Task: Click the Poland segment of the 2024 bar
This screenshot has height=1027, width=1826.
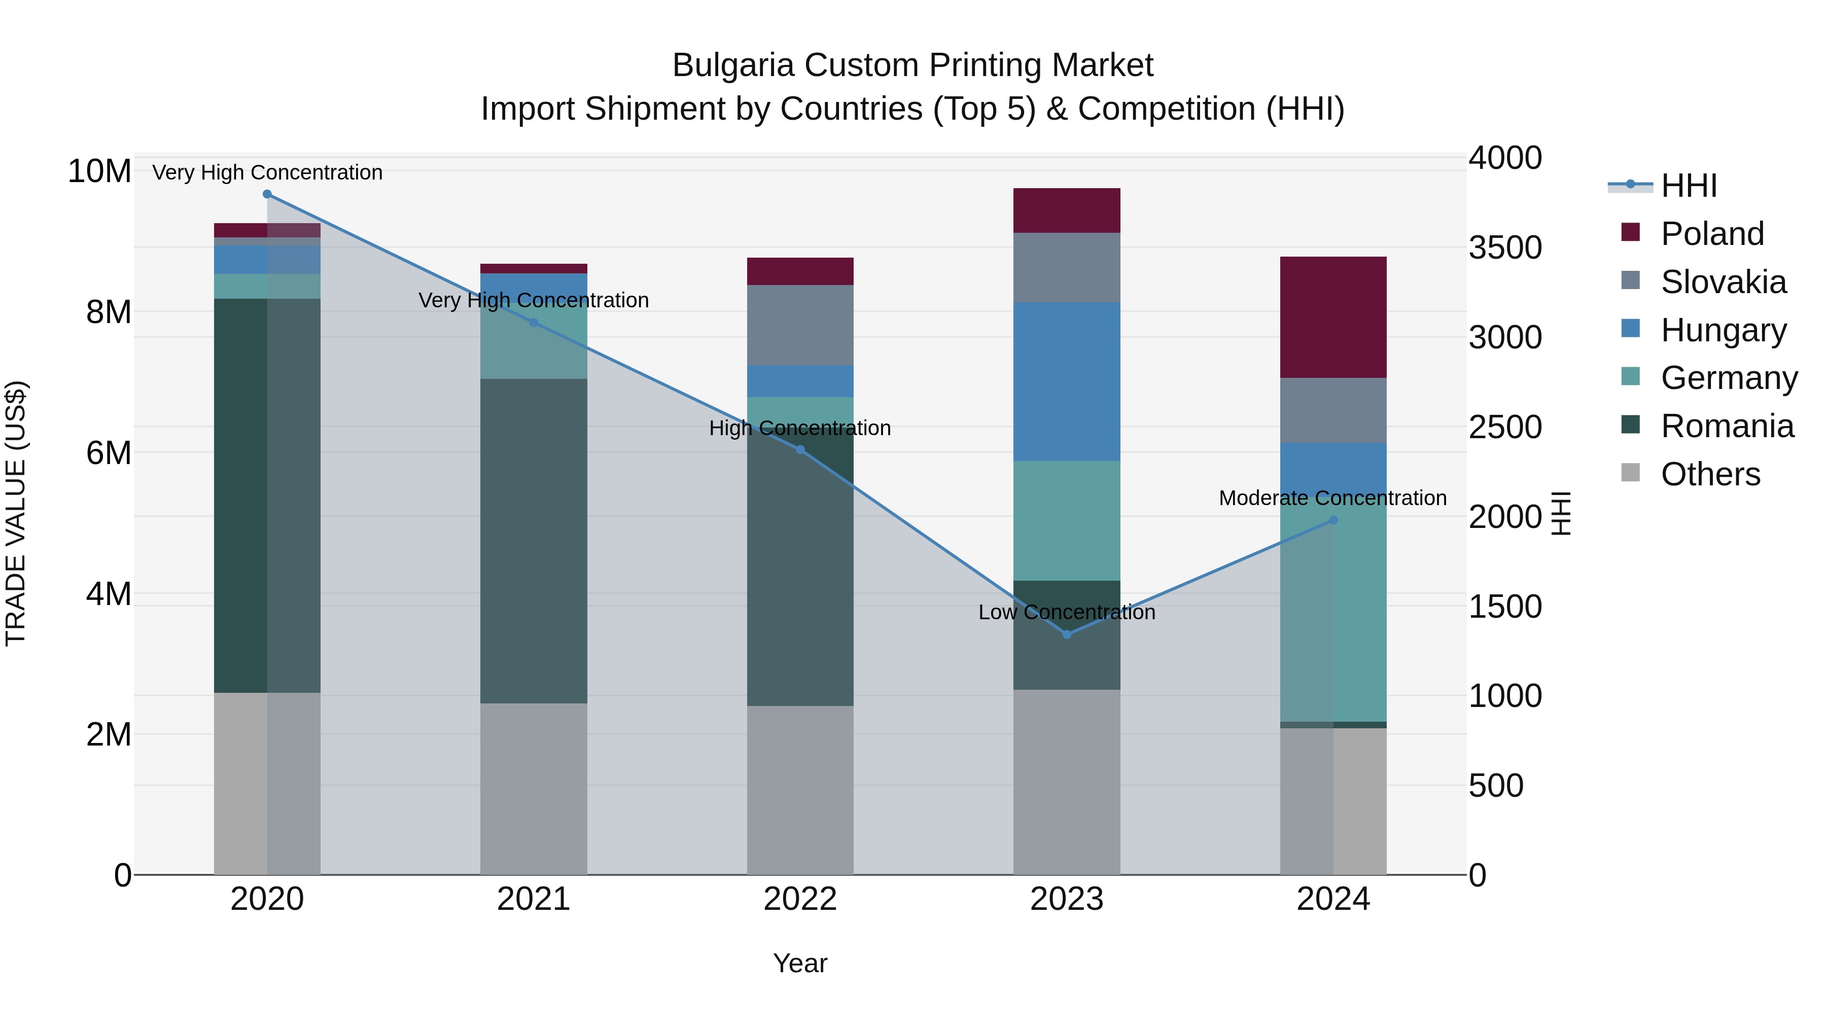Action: [1332, 317]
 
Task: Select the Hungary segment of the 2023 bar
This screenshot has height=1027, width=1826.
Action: [1066, 381]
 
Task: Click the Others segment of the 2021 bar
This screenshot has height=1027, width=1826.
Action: [533, 788]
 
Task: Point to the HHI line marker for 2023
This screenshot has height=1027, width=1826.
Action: [1066, 634]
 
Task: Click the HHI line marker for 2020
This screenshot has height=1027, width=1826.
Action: [267, 194]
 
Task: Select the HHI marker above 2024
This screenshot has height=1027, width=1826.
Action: [1332, 520]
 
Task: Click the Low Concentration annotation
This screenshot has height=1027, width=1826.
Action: [1066, 612]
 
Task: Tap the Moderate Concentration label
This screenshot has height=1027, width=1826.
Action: [1332, 498]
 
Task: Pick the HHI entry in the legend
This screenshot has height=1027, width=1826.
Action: [1689, 186]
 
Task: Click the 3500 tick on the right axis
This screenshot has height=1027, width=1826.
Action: [1504, 247]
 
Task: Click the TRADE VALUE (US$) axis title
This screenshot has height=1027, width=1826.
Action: [16, 513]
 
